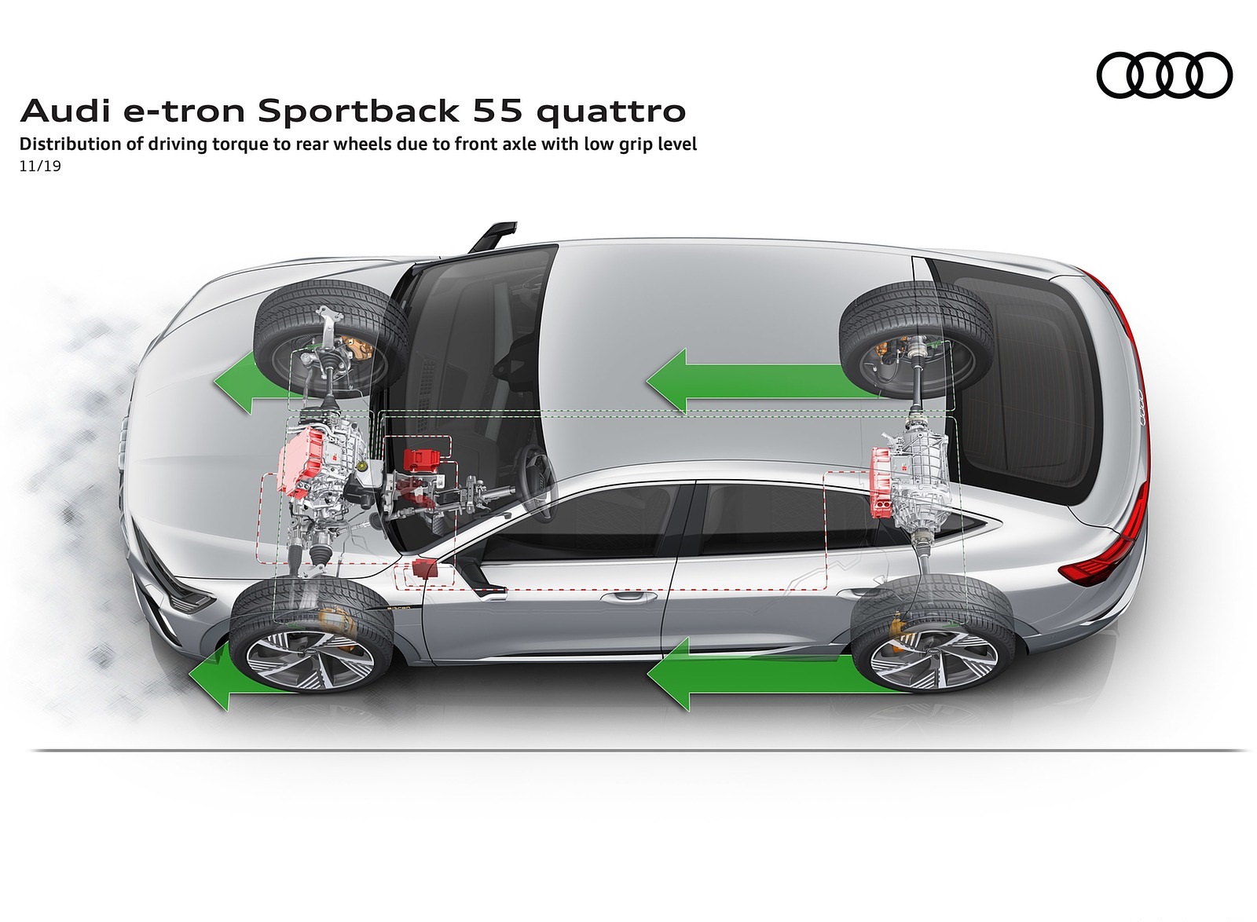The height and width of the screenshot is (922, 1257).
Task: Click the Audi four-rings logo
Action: point(1164,75)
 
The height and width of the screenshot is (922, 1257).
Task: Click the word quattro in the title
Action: point(611,112)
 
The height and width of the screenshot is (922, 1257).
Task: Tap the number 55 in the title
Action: point(498,111)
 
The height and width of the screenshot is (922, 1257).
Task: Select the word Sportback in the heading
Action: point(358,112)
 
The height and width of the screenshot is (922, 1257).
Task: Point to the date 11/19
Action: point(40,166)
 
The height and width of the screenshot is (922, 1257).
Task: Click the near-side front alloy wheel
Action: point(311,654)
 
